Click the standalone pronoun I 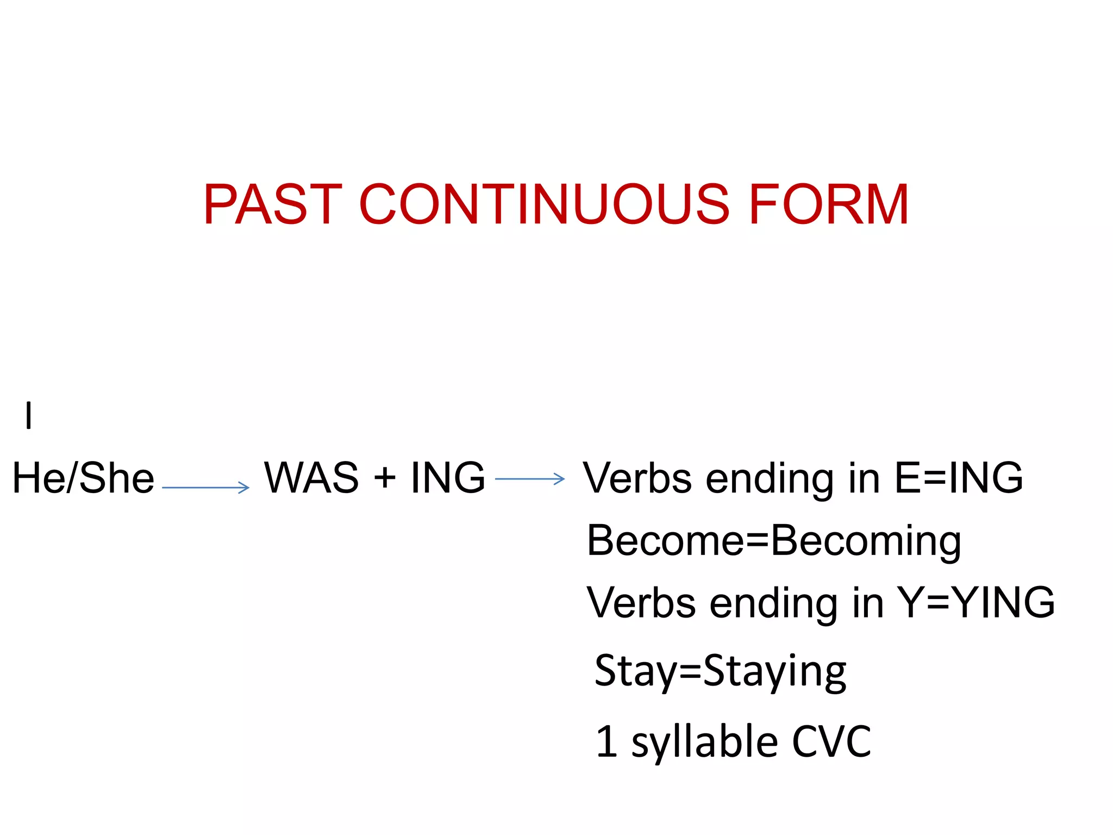coord(29,415)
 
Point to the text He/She coord(83,478)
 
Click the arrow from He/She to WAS coord(206,488)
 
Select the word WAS coord(311,478)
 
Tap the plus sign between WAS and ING coord(385,478)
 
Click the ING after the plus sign coord(448,478)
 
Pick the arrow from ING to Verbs coord(530,479)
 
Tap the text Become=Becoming coord(774,541)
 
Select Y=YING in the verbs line coord(976,603)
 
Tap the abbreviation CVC coord(831,741)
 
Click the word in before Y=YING coord(868,603)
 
